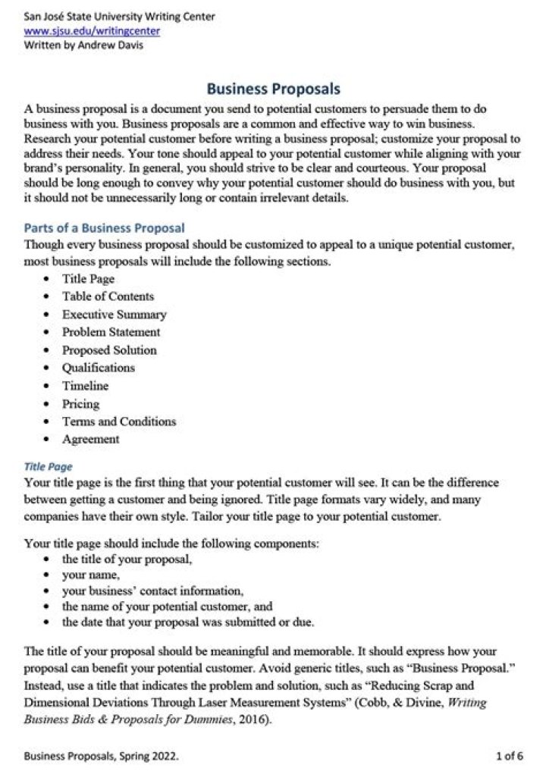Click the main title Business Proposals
[274, 89]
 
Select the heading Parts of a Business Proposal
[105, 227]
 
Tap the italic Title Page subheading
[49, 466]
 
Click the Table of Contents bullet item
[108, 296]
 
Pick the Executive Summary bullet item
[114, 315]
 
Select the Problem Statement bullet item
[111, 332]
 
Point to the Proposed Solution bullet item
[109, 350]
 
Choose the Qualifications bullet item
[99, 368]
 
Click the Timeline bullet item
[85, 386]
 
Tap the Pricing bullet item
[80, 404]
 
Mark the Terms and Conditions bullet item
[119, 421]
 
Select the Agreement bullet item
[90, 440]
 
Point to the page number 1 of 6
[509, 755]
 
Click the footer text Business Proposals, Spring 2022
[102, 755]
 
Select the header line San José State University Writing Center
[119, 16]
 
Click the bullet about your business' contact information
[152, 591]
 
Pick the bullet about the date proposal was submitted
[188, 623]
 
